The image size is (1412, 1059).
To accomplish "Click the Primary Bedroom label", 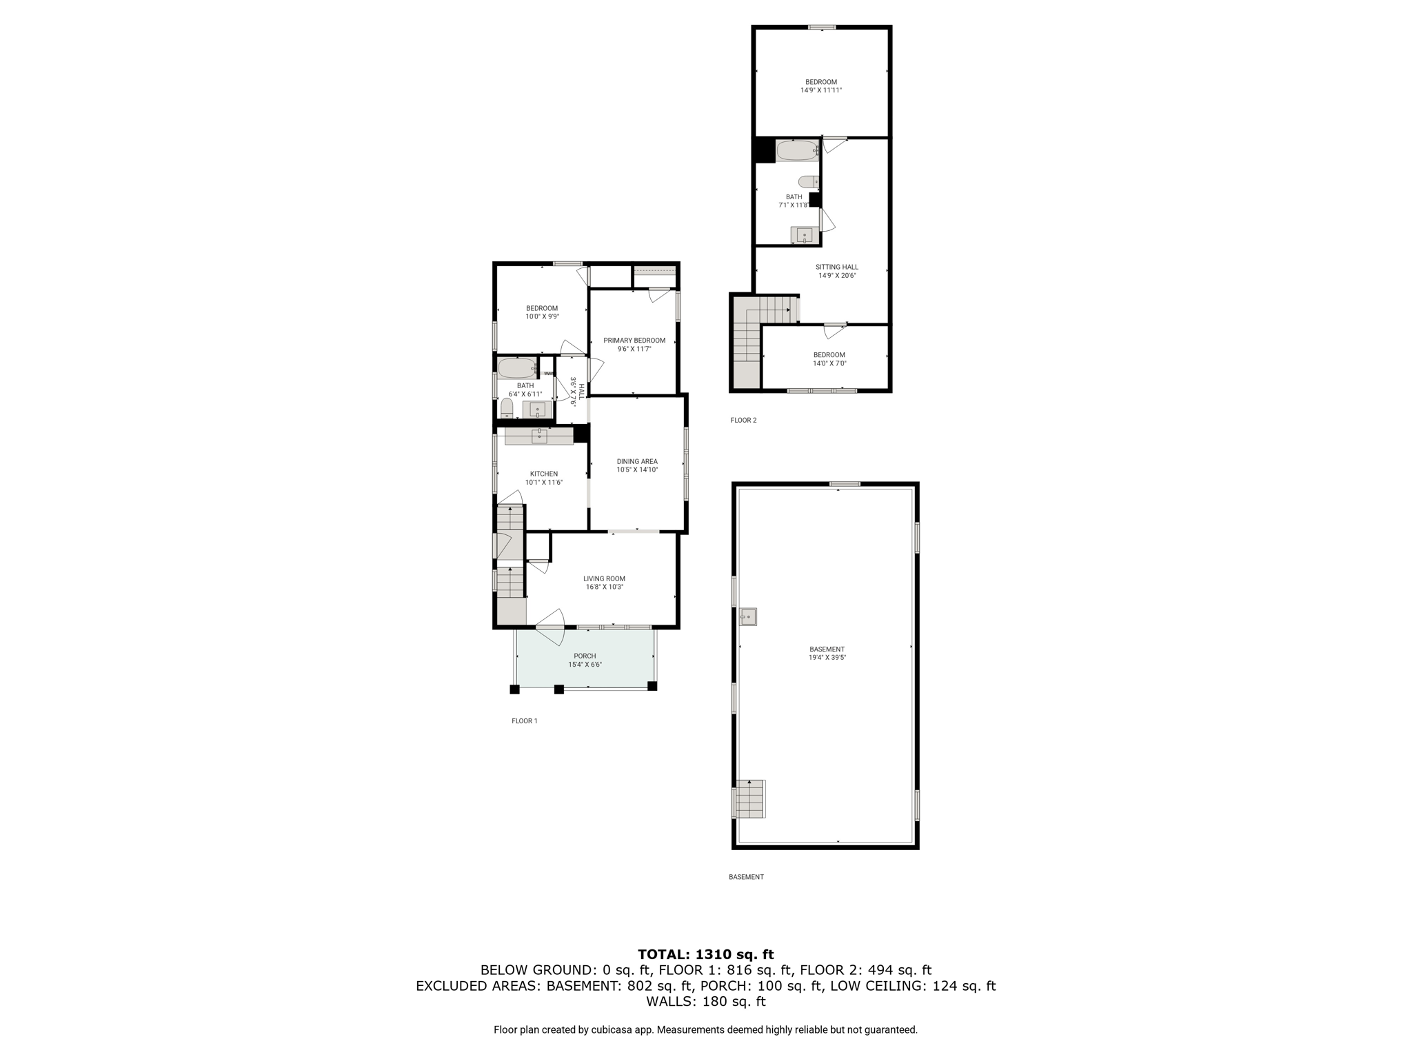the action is click(x=634, y=341).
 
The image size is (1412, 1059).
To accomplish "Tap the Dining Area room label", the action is click(x=637, y=461).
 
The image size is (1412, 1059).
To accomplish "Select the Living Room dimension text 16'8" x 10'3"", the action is click(x=604, y=587).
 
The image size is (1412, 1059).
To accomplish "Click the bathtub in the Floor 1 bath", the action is click(x=517, y=367).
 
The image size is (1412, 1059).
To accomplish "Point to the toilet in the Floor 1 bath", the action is click(x=507, y=408).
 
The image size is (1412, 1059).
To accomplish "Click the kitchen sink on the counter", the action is click(x=539, y=436).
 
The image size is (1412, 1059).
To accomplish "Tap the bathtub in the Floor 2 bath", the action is click(x=798, y=150).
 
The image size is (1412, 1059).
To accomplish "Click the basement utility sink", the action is click(x=748, y=616).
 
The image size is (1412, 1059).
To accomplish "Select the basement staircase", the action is click(x=749, y=798).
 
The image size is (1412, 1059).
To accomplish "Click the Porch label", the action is click(x=585, y=656).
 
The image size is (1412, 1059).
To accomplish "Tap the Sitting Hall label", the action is click(x=837, y=267).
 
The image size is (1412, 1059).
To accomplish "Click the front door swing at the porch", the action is click(x=552, y=627).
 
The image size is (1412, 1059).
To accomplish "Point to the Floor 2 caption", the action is click(x=743, y=420).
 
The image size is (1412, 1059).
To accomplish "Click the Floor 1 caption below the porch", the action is click(x=524, y=721).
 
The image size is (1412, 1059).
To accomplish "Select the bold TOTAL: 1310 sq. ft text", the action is click(x=705, y=954).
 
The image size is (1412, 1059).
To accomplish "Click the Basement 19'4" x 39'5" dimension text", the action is click(x=827, y=658).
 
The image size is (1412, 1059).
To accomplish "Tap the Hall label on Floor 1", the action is click(x=581, y=392).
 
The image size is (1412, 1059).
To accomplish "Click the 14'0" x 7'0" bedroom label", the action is click(x=829, y=363).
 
